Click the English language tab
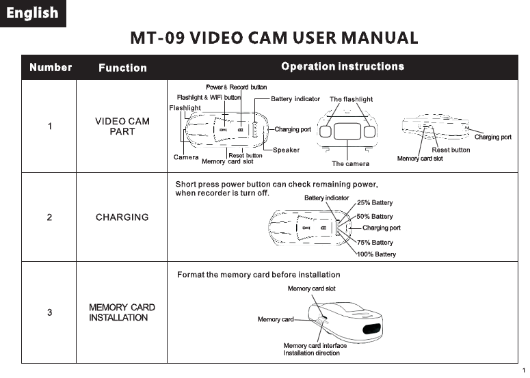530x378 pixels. pos(32,14)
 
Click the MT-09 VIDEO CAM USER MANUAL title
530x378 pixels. pos(274,38)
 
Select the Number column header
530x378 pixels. pos(51,67)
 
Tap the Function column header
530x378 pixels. pos(122,68)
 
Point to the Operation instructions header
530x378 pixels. pos(343,66)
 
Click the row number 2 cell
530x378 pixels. pos(49,217)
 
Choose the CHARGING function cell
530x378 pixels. pos(122,217)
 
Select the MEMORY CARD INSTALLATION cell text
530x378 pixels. pos(122,312)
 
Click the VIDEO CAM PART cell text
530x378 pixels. pos(122,126)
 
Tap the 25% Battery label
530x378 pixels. pos(375,203)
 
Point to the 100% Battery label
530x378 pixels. pos(376,254)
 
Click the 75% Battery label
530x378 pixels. pos(375,243)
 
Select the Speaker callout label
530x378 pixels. pos(286,150)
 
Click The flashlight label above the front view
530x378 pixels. pos(351,99)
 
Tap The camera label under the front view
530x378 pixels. pos(350,164)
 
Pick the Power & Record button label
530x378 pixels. pos(236,87)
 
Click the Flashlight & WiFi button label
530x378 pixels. pos(209,98)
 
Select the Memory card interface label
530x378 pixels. pos(315,346)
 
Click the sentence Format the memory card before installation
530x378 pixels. pos(259,275)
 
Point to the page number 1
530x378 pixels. pos(523,370)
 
